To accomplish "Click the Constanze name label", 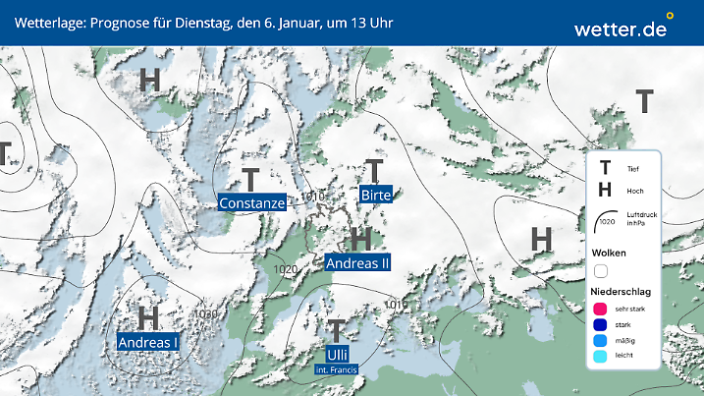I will click(x=252, y=203).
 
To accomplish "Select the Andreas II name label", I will click(x=357, y=262).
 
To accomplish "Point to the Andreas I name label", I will click(x=148, y=342).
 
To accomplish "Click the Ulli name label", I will click(x=337, y=355).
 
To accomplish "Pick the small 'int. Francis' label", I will click(x=337, y=369).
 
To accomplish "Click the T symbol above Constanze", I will click(x=251, y=180).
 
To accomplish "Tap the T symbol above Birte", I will click(x=374, y=171).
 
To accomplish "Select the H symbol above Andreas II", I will click(x=360, y=239).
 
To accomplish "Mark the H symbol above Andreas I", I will click(x=148, y=317).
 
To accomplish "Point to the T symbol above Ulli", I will click(x=336, y=330).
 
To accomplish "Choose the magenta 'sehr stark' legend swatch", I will click(x=600, y=310).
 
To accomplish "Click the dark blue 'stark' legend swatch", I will click(x=600, y=325).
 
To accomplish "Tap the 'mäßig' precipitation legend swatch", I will click(x=600, y=342).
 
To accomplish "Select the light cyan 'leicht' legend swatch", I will click(x=600, y=358).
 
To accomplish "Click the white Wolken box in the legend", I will click(x=600, y=270).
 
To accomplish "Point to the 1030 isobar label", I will click(x=206, y=314).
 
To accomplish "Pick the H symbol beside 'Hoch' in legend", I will click(x=605, y=189).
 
